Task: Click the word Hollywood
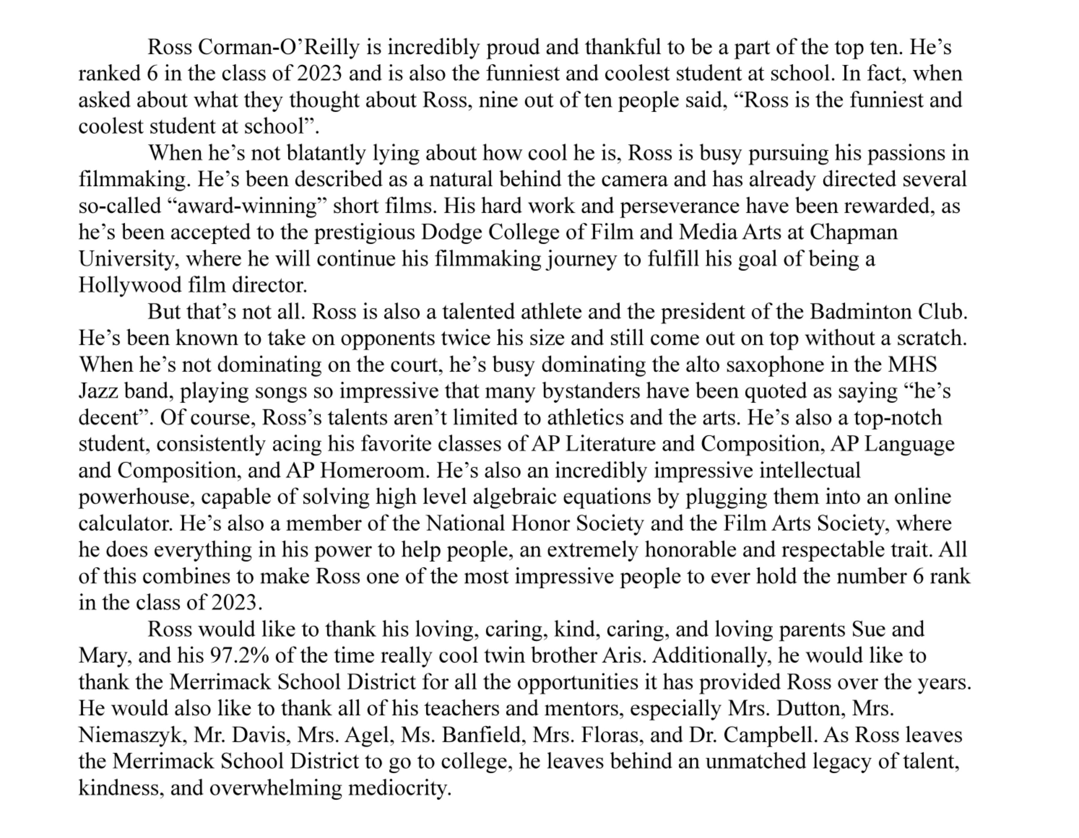tap(130, 286)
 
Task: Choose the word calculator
tap(126, 523)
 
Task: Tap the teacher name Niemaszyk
tap(132, 735)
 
